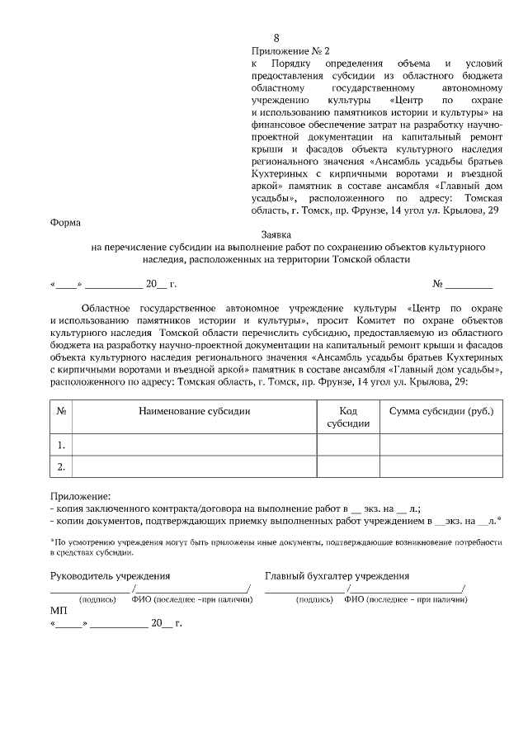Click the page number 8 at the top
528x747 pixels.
pyautogui.click(x=276, y=39)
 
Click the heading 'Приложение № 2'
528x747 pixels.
pyautogui.click(x=285, y=51)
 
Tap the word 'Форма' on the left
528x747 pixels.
pyautogui.click(x=65, y=222)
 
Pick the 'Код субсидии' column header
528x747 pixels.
pyautogui.click(x=348, y=417)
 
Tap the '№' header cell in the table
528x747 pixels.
pyautogui.click(x=61, y=411)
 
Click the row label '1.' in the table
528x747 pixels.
pyautogui.click(x=61, y=445)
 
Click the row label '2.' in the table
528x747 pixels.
pyautogui.click(x=61, y=467)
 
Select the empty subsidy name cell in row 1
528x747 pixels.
pyautogui.click(x=195, y=445)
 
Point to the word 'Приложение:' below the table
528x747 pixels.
pyautogui.click(x=80, y=497)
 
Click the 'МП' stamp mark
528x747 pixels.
pyautogui.click(x=59, y=610)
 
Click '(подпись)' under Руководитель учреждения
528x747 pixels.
pyautogui.click(x=97, y=599)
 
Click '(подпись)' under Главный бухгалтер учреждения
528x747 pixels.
pyautogui.click(x=314, y=599)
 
